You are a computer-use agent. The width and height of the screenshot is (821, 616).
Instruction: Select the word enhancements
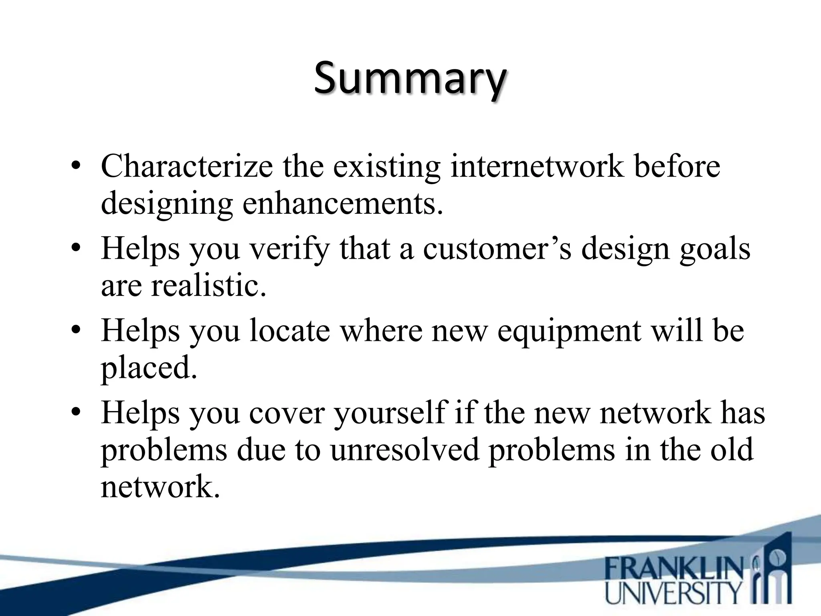click(x=343, y=203)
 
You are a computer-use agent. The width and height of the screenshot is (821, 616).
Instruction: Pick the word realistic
click(x=208, y=286)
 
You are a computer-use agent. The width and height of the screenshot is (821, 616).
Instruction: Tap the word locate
click(x=289, y=330)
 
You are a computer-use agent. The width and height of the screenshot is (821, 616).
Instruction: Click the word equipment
click(x=568, y=331)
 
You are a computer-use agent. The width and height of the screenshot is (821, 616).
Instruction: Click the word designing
click(x=166, y=204)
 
